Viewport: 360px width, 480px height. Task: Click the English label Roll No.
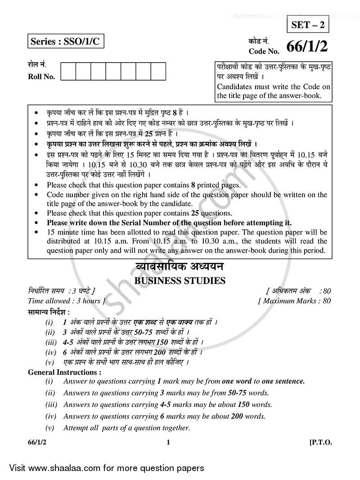coord(41,77)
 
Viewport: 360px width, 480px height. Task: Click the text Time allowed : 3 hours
coord(67,301)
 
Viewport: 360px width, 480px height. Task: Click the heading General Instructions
coord(64,372)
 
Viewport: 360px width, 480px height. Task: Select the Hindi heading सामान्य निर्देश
coord(49,312)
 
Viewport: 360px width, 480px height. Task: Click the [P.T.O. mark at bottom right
coord(320,443)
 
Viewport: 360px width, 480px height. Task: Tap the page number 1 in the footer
coord(168,443)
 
